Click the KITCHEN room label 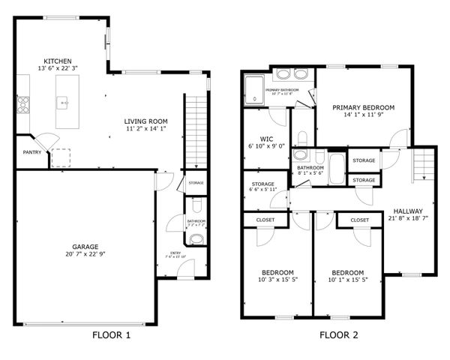(58, 61)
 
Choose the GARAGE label (85, 246)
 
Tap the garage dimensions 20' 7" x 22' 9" (85, 254)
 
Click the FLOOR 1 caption (111, 335)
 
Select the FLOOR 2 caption (340, 335)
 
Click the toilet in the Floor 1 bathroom (196, 205)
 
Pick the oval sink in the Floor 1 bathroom (196, 239)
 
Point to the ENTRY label (175, 253)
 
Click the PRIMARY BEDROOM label (363, 107)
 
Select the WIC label (265, 139)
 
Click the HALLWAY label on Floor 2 (408, 211)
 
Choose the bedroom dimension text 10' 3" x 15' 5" (277, 280)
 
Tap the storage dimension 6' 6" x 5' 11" (262, 190)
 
